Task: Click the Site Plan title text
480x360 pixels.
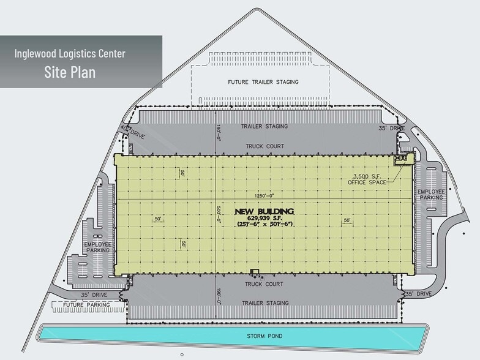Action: pos(70,72)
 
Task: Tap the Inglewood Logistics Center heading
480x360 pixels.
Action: pos(70,54)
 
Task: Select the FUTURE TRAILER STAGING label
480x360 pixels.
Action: pos(263,82)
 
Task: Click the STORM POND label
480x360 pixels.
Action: pos(264,336)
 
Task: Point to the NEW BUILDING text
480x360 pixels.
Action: pos(264,212)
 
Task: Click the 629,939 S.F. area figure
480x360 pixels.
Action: pos(264,218)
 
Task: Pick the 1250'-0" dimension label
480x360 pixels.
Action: pos(264,196)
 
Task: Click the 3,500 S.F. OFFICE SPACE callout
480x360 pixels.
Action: pos(367,179)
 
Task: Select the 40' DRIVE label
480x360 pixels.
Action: pos(132,132)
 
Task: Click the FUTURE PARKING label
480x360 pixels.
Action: pos(87,305)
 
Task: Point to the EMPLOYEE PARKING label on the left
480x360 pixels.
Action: pos(98,247)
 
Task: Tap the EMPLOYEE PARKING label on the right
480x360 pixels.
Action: pos(431,195)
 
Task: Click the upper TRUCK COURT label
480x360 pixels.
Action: pos(264,146)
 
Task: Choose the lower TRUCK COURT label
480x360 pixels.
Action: pos(264,284)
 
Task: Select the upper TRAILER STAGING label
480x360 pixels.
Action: pos(264,126)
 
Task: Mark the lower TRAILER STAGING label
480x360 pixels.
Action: pos(266,303)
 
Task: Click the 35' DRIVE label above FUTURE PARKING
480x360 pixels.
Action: pos(94,295)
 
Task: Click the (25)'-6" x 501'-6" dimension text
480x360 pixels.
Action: pos(264,224)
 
